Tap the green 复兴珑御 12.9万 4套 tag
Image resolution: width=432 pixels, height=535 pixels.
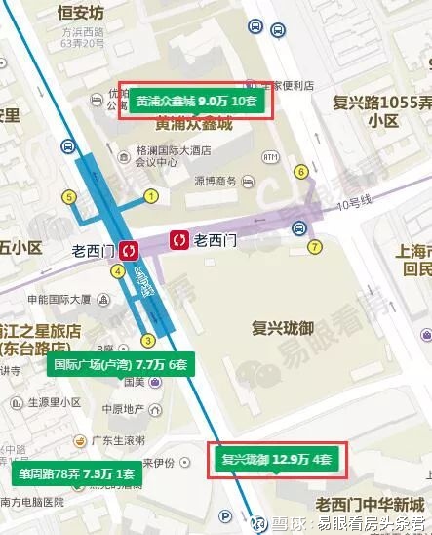277,458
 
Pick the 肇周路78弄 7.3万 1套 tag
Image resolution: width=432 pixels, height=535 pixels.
74,474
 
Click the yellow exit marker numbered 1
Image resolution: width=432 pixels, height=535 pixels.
151,196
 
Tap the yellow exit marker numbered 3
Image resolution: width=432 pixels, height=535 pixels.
148,340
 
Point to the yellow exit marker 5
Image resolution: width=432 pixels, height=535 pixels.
69,196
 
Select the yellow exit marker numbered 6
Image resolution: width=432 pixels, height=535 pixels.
301,172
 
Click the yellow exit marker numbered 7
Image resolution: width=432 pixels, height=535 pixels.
314,246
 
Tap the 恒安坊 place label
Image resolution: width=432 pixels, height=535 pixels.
82,14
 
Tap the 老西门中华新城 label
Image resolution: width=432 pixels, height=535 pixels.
371,504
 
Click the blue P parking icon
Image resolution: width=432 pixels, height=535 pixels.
226,516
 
